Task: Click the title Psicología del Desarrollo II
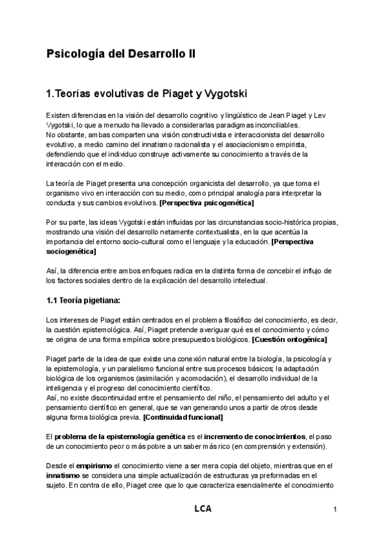(120, 55)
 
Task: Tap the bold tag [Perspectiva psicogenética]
(206, 203)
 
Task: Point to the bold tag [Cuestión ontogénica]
(289, 339)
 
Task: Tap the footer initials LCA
(202, 509)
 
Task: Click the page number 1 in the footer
(336, 509)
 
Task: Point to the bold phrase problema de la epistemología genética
(118, 437)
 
